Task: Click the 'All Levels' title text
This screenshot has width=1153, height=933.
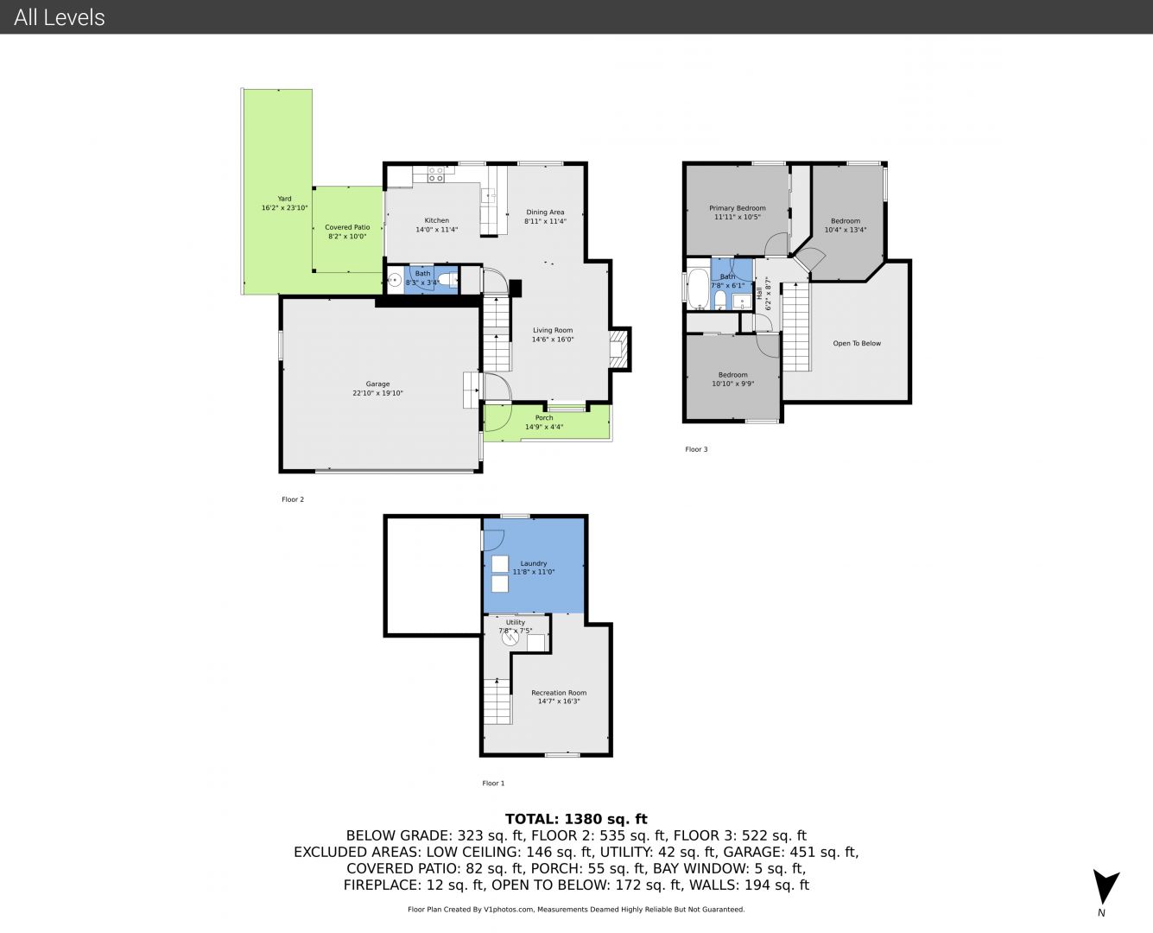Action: coord(59,17)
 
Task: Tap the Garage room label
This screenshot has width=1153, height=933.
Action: coord(377,384)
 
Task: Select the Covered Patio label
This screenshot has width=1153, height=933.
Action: coord(347,227)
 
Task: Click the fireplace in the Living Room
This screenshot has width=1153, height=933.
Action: coord(618,349)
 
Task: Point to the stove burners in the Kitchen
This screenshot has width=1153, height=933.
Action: coord(436,175)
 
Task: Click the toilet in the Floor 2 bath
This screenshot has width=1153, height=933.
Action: coord(447,280)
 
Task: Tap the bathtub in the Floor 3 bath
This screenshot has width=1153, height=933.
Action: coord(699,289)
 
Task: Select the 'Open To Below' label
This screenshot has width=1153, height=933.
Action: coord(857,343)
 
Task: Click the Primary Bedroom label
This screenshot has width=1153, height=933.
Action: coord(738,208)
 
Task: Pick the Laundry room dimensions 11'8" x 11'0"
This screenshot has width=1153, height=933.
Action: coord(534,572)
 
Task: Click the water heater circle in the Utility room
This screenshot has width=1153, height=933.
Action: coord(510,638)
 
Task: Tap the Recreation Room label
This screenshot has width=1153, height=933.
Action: coord(559,693)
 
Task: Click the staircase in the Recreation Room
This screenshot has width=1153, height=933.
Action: coord(497,701)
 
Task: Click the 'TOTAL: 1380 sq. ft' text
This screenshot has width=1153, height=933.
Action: coord(576,819)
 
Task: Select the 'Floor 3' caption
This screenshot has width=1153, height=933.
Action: coord(696,449)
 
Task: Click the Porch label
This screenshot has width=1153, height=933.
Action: coord(544,418)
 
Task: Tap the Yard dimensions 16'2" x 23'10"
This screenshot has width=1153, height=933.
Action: coord(285,208)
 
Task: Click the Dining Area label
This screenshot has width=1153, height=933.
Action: coord(545,213)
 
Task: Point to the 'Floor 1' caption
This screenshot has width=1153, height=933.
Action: coord(493,783)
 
